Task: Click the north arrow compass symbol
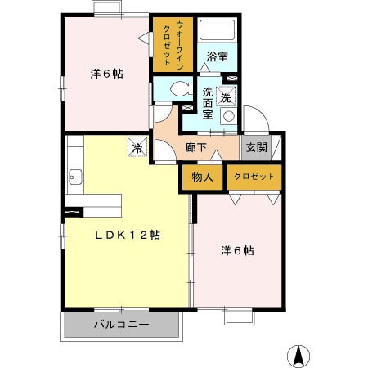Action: [x=298, y=356]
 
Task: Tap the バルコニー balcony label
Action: [x=122, y=325]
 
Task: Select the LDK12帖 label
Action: [x=128, y=235]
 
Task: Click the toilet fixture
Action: [x=181, y=89]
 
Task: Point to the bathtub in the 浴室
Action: [x=218, y=29]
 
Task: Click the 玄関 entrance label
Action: [x=257, y=147]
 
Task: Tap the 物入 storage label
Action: [x=202, y=177]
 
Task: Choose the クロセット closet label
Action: [x=254, y=177]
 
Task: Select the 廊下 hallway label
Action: [x=195, y=147]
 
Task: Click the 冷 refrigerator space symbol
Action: [x=137, y=146]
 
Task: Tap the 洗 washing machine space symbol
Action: [x=226, y=96]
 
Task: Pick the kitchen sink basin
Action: [x=75, y=177]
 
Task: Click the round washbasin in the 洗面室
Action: [x=229, y=116]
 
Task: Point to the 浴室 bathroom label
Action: [x=218, y=57]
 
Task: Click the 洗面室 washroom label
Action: [x=208, y=103]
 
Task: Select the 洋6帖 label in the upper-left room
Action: [x=106, y=74]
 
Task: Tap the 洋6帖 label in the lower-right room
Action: [x=237, y=251]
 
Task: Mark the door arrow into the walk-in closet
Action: [x=144, y=38]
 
